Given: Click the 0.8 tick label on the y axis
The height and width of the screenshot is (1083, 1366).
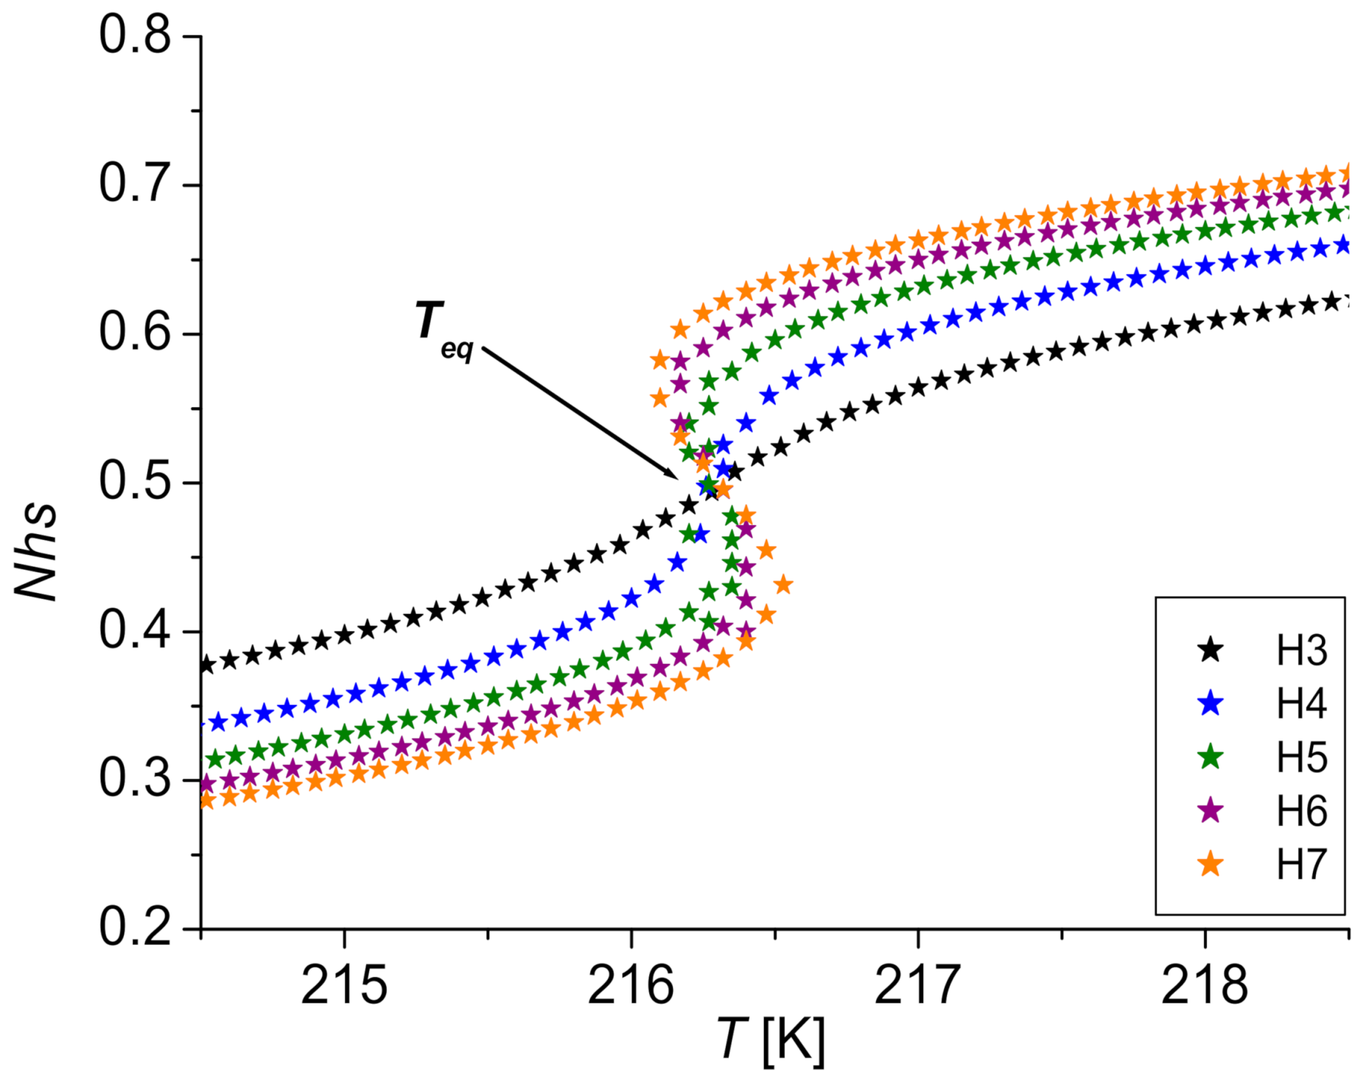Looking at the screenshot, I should [135, 35].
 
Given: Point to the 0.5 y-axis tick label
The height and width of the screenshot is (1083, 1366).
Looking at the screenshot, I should [135, 483].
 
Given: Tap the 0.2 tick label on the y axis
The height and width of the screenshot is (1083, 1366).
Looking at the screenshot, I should [135, 928].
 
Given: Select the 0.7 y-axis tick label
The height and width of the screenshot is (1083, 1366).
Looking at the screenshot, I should [135, 184].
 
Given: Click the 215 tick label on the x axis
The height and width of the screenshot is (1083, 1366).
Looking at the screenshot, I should [343, 986].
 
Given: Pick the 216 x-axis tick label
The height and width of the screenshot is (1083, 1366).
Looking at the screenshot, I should [631, 986].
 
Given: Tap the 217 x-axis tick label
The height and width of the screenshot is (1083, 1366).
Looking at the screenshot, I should [917, 986].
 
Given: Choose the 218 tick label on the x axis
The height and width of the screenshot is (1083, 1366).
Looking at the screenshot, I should [1205, 986].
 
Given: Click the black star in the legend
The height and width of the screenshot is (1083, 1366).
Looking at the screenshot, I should [1210, 651].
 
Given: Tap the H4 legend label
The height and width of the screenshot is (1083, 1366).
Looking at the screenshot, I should [1301, 704].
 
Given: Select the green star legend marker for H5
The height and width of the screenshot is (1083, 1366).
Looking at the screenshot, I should [1210, 757].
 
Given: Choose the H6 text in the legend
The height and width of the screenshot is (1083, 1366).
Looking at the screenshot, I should [1301, 811].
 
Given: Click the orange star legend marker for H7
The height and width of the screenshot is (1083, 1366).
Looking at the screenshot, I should [1210, 864].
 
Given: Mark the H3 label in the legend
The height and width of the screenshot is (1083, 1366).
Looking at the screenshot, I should [1301, 651].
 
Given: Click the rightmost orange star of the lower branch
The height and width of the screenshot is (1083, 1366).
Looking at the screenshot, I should [784, 586].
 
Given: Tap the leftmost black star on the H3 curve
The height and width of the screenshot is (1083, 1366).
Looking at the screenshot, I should [206, 665].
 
